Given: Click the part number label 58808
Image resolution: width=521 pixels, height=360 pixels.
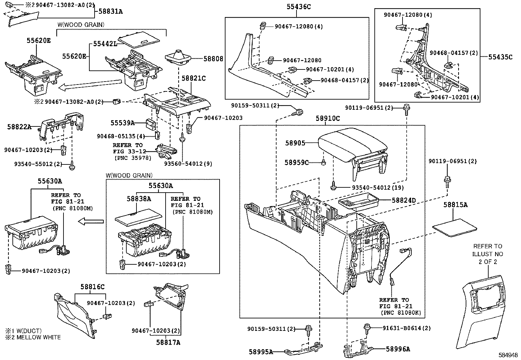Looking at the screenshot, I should pyautogui.click(x=213, y=59).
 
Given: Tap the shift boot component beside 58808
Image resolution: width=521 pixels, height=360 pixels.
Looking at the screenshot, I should pyautogui.click(x=177, y=57).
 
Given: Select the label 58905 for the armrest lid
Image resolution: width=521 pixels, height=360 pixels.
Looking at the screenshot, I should pyautogui.click(x=295, y=143).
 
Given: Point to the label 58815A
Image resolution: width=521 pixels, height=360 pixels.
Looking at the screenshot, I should pyautogui.click(x=456, y=205).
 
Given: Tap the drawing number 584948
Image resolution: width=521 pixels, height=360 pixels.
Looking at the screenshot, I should pyautogui.click(x=508, y=355).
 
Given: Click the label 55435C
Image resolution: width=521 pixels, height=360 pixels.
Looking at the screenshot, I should pyautogui.click(x=500, y=57).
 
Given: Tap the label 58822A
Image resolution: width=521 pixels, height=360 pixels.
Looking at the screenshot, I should pyautogui.click(x=19, y=127).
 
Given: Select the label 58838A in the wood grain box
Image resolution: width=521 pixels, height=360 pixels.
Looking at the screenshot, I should pyautogui.click(x=139, y=199).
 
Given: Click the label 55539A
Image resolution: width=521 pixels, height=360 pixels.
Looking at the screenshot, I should pyautogui.click(x=122, y=123).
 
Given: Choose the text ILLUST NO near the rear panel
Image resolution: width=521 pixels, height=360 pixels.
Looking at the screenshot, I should pyautogui.click(x=487, y=254).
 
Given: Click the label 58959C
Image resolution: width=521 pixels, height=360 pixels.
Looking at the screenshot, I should pyautogui.click(x=296, y=162).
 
